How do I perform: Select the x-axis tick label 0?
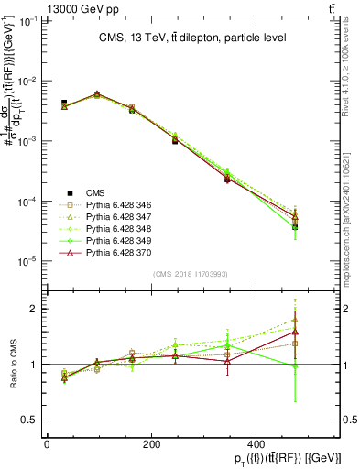(x=47, y=443)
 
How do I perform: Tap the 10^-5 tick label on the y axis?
(x=27, y=261)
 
